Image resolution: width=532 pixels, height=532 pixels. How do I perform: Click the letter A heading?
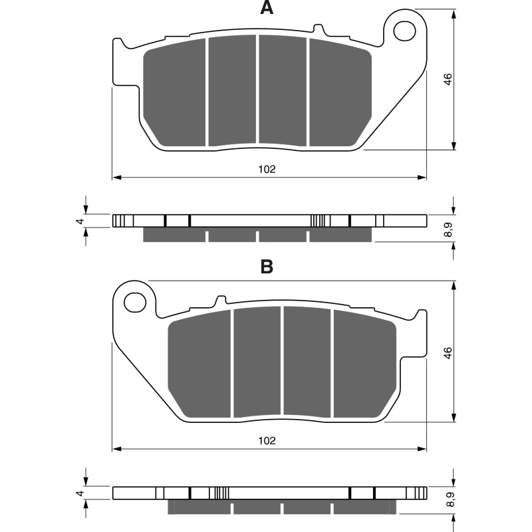pos(266,9)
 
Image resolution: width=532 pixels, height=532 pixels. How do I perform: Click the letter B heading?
pos(266,267)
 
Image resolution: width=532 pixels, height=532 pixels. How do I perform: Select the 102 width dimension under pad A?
pos(267,169)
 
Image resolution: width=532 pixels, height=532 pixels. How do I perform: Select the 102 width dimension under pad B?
pos(267,440)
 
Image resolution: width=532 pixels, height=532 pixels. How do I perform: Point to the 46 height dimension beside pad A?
pos(448,78)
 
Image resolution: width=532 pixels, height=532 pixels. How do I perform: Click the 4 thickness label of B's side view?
pos(79,493)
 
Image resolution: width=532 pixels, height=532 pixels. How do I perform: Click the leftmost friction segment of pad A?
pos(176,93)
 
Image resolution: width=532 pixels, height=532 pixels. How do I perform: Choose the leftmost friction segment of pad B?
pos(200,364)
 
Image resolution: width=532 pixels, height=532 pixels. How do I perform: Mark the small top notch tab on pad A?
pos(318,30)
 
